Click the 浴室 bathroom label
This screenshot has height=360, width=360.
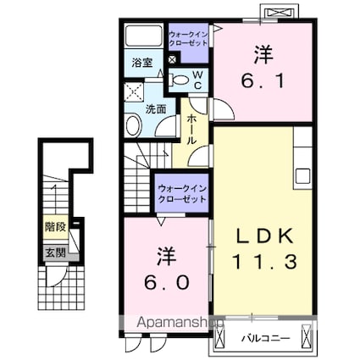point(142,63)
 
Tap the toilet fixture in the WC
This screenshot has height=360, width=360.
point(179,80)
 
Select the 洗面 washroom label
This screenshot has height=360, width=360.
point(156,109)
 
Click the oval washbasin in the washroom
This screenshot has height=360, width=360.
point(133,125)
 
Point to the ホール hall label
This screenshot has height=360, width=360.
point(191,129)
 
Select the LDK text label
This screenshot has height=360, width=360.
point(264,236)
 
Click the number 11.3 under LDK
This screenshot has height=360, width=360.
point(264,262)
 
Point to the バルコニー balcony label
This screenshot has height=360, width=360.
point(265,338)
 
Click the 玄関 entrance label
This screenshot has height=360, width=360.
point(56,252)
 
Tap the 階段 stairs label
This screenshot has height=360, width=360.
point(56,227)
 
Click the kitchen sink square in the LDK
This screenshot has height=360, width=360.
point(302,176)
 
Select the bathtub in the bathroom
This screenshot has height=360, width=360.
point(143,36)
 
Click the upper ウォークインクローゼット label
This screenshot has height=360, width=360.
point(188,39)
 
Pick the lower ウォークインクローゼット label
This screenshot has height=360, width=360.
point(182,194)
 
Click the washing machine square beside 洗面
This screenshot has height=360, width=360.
point(134,91)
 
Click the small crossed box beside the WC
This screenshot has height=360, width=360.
point(172,60)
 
